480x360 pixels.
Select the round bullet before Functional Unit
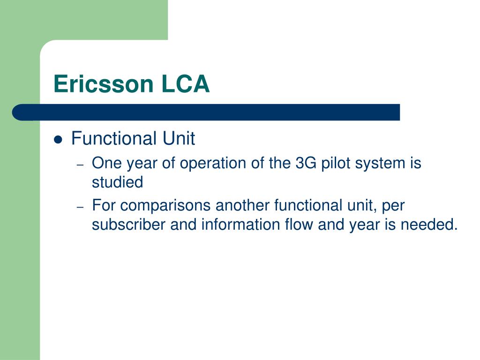(x=58, y=140)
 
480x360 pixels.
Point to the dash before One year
(x=80, y=165)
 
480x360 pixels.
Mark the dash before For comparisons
(x=80, y=207)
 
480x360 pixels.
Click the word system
(x=381, y=164)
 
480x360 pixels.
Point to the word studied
(x=117, y=182)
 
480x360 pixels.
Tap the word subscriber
(x=129, y=225)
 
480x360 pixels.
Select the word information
(x=236, y=225)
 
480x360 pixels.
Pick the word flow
(x=298, y=225)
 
